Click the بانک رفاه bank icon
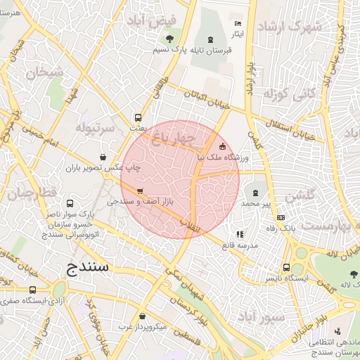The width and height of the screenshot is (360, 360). (281, 218)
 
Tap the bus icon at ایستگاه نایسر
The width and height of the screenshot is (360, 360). (286, 267)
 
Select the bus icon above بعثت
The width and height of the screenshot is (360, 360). (138, 117)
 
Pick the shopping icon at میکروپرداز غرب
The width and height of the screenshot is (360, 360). (142, 316)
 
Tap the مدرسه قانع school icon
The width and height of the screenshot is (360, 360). (240, 234)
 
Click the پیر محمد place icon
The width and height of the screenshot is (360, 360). (255, 191)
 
